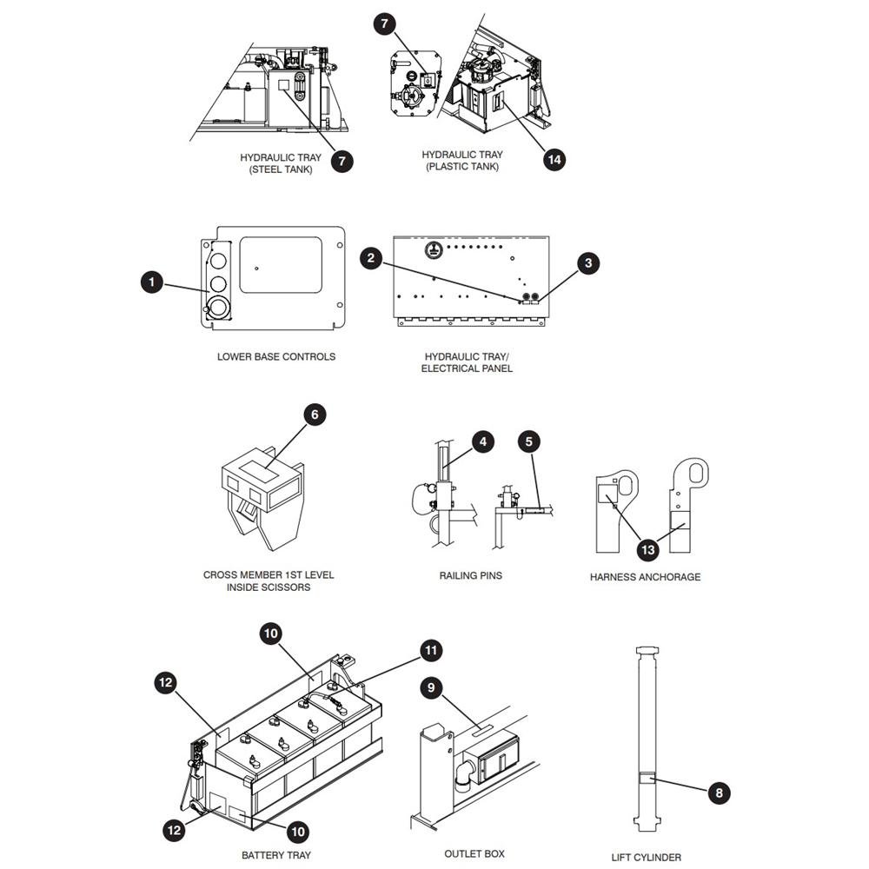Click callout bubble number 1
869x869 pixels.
point(152,282)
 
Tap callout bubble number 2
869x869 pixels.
point(371,258)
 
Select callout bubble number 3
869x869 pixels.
point(588,263)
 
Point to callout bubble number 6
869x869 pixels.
point(315,415)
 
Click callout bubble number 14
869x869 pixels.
point(554,160)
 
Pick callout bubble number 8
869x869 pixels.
point(719,793)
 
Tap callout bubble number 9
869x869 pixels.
point(431,687)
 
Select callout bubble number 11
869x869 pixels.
point(431,650)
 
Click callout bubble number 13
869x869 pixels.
point(647,550)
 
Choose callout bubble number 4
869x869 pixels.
point(483,441)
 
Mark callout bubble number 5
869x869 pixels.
point(528,441)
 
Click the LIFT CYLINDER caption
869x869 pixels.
point(647,858)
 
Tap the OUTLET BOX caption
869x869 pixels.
point(474,854)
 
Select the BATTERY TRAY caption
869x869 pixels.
point(276,855)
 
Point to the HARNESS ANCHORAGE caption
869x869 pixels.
point(645,577)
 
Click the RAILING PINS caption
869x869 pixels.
point(470,576)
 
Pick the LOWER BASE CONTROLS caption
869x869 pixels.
point(276,357)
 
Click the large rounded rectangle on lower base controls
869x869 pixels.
point(281,265)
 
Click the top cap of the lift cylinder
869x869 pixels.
point(647,650)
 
